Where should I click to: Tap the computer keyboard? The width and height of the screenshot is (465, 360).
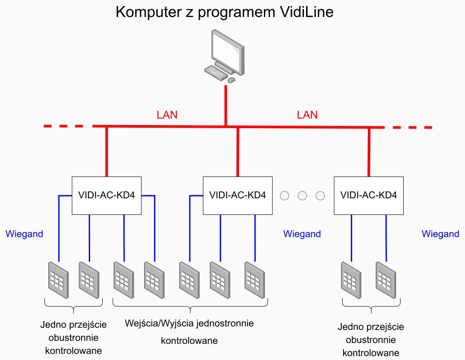[216, 72]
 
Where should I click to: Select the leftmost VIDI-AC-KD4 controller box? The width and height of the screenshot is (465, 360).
[107, 195]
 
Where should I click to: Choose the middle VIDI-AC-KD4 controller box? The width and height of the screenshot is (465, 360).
[238, 195]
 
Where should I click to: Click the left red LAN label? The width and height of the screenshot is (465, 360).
[167, 115]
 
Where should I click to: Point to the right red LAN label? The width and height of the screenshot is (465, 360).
[307, 115]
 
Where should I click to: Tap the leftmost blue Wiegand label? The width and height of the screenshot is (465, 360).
[24, 234]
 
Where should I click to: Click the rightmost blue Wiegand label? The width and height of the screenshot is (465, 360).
[440, 234]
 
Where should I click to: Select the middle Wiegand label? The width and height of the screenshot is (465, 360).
[302, 234]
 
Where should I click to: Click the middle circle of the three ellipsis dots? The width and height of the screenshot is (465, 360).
[303, 196]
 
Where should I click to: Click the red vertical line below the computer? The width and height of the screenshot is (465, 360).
[226, 105]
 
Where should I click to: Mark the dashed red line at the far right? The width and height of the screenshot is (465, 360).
[411, 127]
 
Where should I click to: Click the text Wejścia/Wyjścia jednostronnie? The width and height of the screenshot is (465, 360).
[189, 324]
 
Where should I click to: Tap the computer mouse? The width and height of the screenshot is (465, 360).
[232, 80]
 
